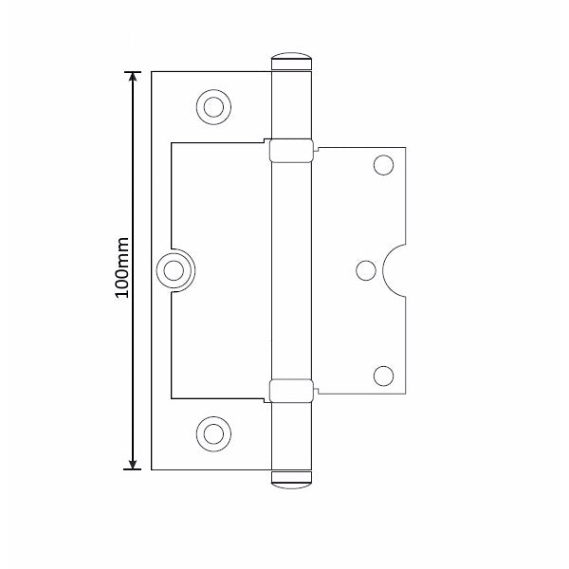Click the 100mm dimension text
pos(121,270)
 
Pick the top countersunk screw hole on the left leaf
pos(213,105)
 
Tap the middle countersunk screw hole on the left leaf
pos(174,271)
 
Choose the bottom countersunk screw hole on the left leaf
pos(213,433)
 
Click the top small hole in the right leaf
pos(383,166)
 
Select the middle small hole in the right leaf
pos(365,271)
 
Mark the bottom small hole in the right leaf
pos(383,376)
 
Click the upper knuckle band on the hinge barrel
pos(290,151)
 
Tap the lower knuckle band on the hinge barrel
pos(290,390)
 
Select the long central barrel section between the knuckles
pos(290,270)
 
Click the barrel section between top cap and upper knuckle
pos(290,104)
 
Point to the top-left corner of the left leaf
pos(153,72)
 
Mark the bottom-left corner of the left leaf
pos(153,468)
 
